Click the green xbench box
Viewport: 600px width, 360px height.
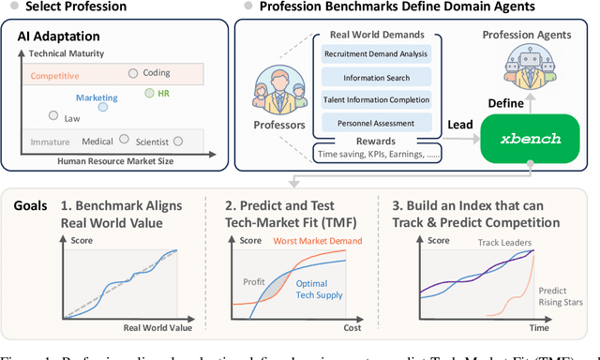click(x=519, y=138)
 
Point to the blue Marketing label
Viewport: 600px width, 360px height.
click(x=97, y=97)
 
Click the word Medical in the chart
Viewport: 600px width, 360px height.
click(x=97, y=142)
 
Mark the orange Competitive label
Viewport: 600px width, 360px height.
click(x=54, y=74)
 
